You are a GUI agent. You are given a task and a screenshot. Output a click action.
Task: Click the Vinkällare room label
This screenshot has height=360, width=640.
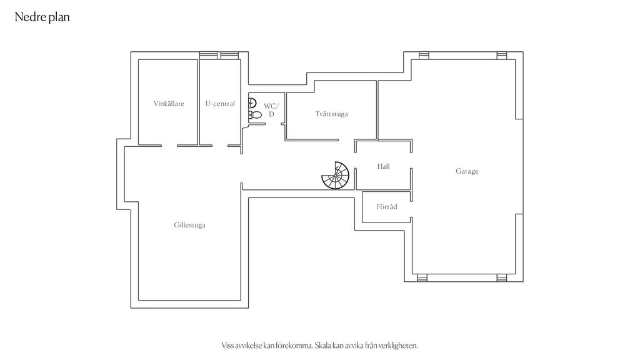point(169,104)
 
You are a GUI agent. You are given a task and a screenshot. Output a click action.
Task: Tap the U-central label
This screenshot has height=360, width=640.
point(221,104)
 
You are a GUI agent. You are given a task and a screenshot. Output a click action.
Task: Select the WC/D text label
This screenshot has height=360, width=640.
point(271,110)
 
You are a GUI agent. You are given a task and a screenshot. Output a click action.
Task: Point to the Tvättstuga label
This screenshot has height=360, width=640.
point(331,114)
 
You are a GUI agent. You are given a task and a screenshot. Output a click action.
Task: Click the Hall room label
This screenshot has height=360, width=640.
point(383,166)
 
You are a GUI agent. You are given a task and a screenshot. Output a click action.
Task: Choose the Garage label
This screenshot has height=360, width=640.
point(467,171)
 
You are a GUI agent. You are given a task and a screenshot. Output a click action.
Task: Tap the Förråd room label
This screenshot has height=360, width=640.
point(386,206)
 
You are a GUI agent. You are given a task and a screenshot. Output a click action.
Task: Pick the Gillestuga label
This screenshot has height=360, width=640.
point(189,225)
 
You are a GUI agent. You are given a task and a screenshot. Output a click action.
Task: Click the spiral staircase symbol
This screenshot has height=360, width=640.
point(336,176)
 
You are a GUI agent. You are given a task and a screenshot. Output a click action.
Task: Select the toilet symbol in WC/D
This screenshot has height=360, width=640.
point(255,115)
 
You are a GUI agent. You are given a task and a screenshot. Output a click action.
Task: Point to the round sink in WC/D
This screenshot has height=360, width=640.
point(252,103)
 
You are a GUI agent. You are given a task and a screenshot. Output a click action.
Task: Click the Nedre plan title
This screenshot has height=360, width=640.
point(42,17)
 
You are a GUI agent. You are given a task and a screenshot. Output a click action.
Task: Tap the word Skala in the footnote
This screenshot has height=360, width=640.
point(323,345)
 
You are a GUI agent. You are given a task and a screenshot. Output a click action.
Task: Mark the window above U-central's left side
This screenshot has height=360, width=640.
point(209,56)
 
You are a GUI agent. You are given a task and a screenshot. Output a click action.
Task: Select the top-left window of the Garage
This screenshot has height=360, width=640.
point(424,56)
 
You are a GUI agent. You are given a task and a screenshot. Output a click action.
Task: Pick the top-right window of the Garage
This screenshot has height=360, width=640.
point(502,56)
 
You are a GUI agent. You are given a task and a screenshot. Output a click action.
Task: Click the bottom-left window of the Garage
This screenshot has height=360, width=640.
point(422,278)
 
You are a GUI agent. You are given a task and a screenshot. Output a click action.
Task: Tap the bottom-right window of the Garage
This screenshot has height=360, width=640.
point(502,278)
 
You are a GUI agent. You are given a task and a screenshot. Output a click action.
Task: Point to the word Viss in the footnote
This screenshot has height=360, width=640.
point(227,345)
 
